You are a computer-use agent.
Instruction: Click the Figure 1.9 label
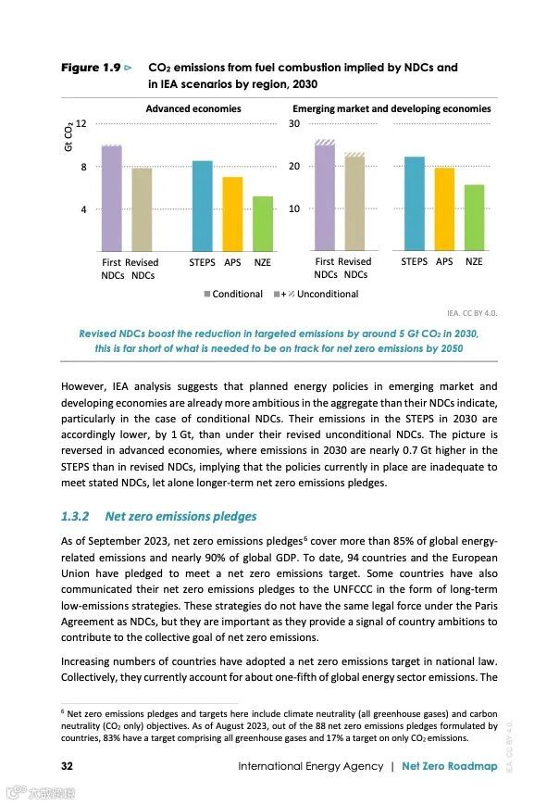click(x=91, y=68)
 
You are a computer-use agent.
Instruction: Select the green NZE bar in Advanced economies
click(x=263, y=223)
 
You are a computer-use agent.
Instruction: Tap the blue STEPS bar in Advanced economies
click(x=202, y=206)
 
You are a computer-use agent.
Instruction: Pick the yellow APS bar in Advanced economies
click(x=232, y=214)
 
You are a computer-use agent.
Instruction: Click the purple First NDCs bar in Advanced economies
click(x=112, y=198)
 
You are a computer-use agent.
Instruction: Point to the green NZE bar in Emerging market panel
click(x=474, y=218)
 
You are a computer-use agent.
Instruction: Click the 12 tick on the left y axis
click(x=81, y=124)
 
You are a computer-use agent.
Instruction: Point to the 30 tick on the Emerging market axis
click(x=294, y=124)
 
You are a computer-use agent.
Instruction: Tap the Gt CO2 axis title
click(x=68, y=136)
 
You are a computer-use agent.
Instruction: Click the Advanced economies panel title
click(x=193, y=108)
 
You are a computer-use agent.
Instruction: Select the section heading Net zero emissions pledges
click(x=180, y=516)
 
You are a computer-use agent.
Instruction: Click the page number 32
click(x=67, y=766)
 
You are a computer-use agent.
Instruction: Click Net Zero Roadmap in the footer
click(x=450, y=766)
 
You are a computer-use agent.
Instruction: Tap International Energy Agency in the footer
click(x=310, y=766)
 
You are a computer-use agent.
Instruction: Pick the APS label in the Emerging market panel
click(x=444, y=261)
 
